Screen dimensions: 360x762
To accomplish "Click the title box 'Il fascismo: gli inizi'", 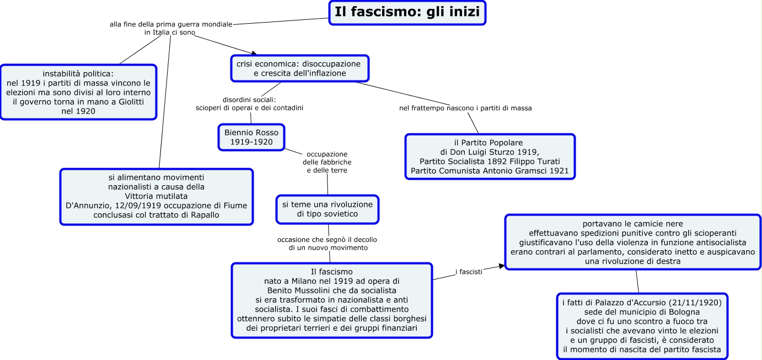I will [407, 13].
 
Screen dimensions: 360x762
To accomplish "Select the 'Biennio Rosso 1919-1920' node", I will [251, 137].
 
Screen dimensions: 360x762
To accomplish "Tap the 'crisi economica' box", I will [299, 68].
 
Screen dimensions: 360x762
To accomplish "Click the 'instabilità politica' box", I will [78, 92].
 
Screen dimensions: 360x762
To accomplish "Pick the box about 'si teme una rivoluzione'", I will [328, 209].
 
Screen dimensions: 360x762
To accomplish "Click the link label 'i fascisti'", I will [469, 272].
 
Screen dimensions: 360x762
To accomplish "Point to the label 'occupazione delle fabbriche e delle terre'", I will [327, 162].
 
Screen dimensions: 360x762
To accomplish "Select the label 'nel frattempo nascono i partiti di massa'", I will [465, 108].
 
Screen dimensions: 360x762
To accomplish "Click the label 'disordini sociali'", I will [249, 104].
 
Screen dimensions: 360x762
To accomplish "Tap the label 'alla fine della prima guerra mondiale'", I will [170, 28].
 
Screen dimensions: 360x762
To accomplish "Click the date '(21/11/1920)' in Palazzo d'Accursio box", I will [700, 302].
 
